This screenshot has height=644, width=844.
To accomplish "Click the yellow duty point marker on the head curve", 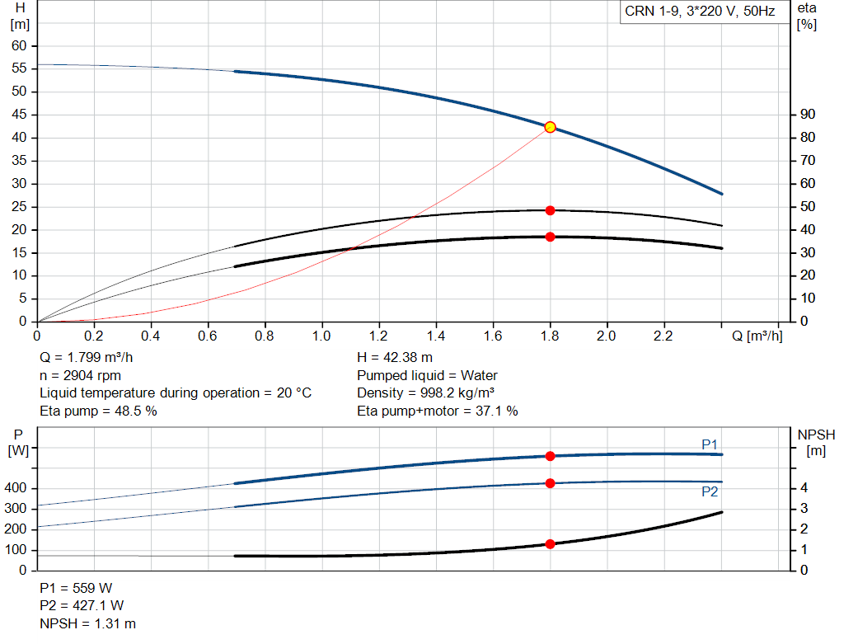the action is click(x=550, y=127).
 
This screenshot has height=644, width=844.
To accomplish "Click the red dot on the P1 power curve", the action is click(x=550, y=456).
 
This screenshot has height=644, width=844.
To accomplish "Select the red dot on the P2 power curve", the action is click(x=550, y=483).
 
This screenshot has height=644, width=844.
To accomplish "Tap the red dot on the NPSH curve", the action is click(x=550, y=544).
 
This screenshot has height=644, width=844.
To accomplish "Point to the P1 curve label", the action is click(x=710, y=444).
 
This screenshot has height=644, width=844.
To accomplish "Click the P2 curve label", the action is click(x=710, y=491).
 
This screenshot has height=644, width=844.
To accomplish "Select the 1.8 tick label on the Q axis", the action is click(x=550, y=336).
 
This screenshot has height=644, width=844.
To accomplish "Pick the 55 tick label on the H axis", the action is click(x=19, y=68).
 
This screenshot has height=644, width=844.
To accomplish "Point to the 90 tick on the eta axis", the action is click(x=808, y=114).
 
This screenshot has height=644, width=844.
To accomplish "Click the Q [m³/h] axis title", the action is click(x=757, y=336).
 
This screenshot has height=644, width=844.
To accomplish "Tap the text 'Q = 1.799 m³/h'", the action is click(x=86, y=358).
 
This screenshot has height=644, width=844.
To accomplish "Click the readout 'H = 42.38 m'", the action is click(x=395, y=358).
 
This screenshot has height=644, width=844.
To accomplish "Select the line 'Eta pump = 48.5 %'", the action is click(x=99, y=411).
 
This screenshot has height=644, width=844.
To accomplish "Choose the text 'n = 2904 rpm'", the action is click(x=80, y=375).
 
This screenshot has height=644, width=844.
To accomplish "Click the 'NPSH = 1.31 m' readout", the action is click(x=87, y=623).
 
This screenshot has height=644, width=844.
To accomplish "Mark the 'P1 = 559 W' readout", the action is click(x=76, y=588).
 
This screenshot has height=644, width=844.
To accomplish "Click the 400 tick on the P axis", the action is click(x=15, y=488).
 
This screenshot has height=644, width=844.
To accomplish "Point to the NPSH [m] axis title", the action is click(x=816, y=443).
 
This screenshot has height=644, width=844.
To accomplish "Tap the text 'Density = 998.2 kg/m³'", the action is click(x=426, y=393).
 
